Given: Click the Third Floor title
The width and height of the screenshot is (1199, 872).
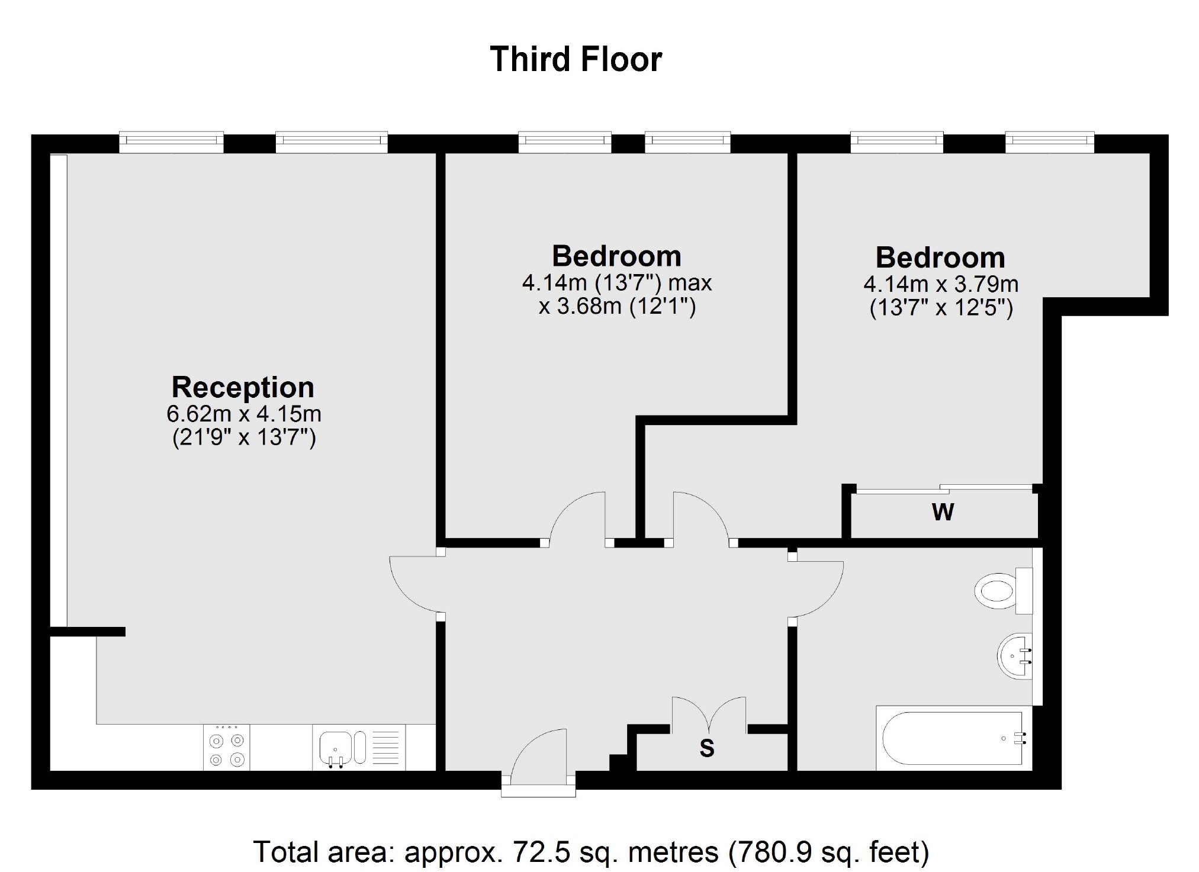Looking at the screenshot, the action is coord(576,60).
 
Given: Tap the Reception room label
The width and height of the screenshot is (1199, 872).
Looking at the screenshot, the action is coord(243,387).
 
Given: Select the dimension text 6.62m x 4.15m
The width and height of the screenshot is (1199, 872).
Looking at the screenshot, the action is coord(244,413).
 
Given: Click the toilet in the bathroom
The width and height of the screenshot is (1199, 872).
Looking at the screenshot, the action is coord(1001,590).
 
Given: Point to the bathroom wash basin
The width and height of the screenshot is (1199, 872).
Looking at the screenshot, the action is coord(1015,656).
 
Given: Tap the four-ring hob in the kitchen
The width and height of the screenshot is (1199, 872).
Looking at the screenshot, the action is coord(227,748).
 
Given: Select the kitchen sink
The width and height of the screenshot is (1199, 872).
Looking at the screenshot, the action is coord(336,748).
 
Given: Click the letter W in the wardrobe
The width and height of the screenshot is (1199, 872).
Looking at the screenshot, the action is coord(943,512).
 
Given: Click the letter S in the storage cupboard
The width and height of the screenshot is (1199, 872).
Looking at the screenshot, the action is coord(707,749).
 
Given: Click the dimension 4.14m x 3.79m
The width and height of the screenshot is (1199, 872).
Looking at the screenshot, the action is coord(941,285).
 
